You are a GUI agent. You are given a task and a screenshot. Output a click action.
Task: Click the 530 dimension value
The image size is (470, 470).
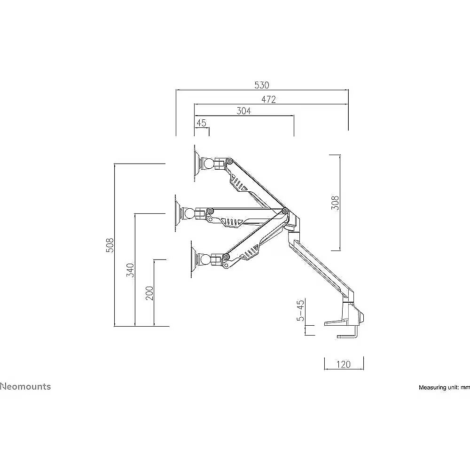262,85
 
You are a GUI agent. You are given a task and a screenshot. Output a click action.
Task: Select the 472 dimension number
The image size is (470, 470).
268,100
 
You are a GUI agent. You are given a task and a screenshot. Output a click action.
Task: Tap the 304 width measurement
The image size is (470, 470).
243,111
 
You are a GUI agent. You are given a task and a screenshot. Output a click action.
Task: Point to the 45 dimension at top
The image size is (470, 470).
202,123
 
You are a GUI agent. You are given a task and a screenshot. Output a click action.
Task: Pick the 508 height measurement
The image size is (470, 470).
110,245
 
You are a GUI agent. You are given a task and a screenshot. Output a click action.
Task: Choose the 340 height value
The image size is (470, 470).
130,270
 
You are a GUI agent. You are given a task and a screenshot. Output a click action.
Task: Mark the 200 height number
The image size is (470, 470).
149,293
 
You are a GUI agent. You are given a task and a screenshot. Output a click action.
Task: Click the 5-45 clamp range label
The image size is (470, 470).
300,310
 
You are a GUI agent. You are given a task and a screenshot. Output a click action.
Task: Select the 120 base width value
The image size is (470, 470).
343,365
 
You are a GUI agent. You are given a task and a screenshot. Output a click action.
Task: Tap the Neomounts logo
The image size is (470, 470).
25,387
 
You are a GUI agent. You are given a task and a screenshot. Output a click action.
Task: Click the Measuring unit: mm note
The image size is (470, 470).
444,388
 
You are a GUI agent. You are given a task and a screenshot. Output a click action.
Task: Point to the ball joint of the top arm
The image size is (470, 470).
209,164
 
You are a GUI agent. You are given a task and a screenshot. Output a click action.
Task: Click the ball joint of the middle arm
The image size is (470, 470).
189,214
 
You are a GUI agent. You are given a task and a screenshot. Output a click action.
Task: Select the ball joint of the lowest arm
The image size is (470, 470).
205,259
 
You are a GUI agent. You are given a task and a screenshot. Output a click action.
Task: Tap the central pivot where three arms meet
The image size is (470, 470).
284,211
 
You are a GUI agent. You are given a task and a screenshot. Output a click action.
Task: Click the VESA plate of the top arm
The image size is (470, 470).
197,164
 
